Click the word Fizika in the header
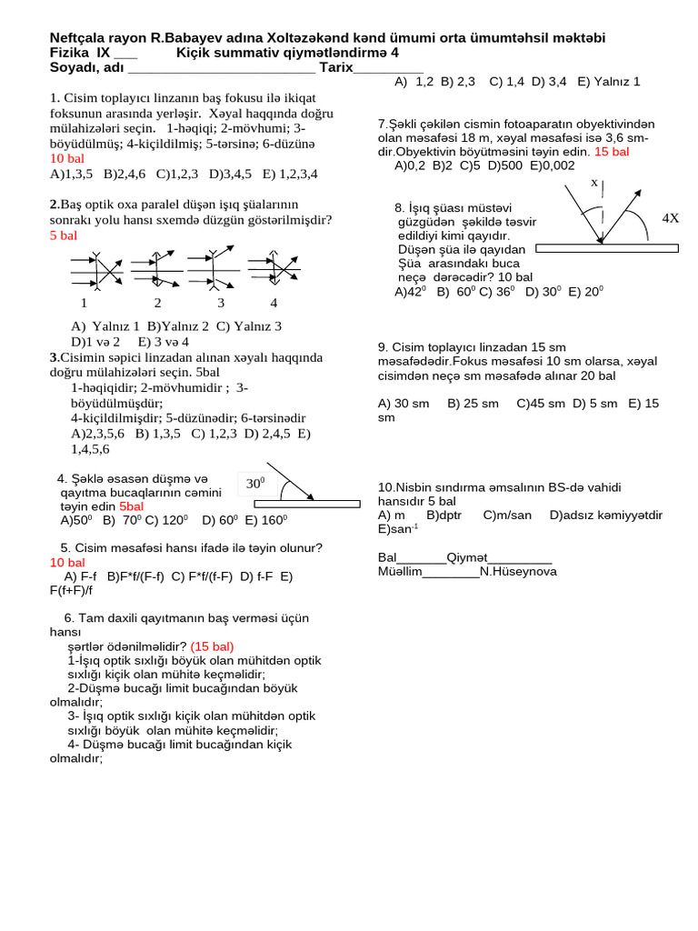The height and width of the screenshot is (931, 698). (x=69, y=53)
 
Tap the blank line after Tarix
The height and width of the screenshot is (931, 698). (x=388, y=69)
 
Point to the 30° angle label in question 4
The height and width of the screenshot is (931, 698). (x=254, y=484)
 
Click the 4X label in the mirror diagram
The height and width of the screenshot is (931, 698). (x=671, y=218)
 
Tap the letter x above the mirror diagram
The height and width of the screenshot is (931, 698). (x=594, y=183)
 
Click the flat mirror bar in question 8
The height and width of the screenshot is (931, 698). (x=606, y=247)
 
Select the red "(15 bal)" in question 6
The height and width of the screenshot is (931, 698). (x=212, y=646)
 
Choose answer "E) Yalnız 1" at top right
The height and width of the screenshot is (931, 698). (x=608, y=82)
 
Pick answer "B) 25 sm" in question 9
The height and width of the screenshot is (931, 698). (x=473, y=403)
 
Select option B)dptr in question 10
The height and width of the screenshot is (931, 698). (x=444, y=516)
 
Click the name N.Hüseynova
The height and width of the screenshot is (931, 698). (x=518, y=572)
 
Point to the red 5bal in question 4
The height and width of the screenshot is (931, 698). (x=131, y=506)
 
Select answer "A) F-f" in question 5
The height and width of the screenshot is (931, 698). (x=81, y=576)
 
